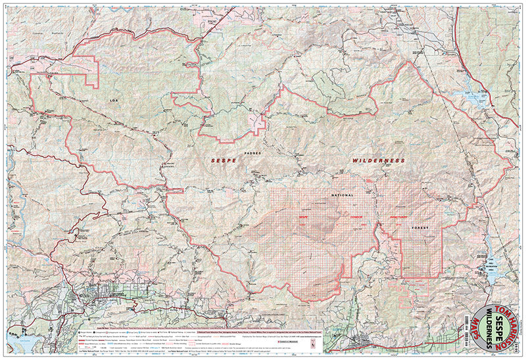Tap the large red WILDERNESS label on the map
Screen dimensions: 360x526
[378, 160]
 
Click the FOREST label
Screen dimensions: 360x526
[418, 228]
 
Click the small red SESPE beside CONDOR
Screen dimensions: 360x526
[304, 217]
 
